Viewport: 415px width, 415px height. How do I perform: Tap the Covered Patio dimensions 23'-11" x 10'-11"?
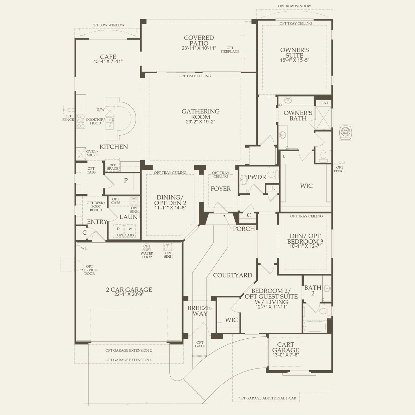pos(199,49)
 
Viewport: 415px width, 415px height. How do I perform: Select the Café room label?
pos(108,57)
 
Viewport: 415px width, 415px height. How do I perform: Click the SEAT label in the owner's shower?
pos(323,103)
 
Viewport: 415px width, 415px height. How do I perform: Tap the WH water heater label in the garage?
pos(84,248)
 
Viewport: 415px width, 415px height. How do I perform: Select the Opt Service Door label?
pos(89,270)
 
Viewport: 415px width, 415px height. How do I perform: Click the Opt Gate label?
pos(200,344)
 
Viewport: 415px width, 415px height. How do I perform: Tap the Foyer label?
pos(221,189)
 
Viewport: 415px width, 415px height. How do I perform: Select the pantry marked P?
pos(126,180)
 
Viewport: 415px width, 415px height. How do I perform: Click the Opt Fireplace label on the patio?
pos(230,50)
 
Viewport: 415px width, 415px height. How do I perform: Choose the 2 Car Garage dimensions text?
pos(129,295)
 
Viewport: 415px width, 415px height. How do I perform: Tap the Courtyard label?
pos(233,275)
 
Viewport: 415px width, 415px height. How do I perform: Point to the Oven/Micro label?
pos(92,153)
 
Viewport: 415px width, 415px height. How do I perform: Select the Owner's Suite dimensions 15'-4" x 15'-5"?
pos(295,61)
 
